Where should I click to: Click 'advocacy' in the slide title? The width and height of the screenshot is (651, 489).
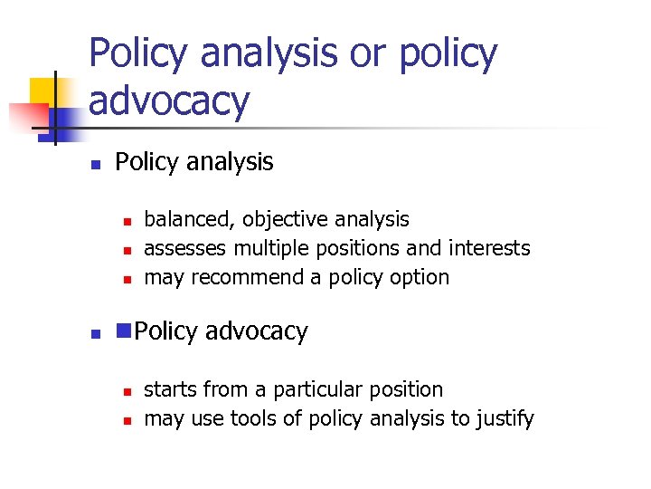coord(168,101)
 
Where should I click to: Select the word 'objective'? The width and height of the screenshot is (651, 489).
coord(281,220)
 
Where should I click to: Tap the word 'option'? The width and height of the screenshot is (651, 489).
coord(419,277)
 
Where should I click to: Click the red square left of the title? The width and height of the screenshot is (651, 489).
coord(27,117)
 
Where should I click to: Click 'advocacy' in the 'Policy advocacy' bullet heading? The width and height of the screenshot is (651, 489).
coord(256,332)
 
